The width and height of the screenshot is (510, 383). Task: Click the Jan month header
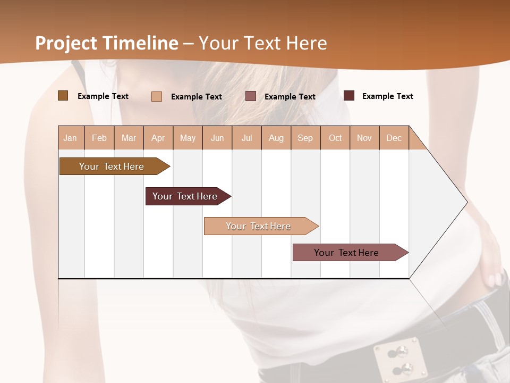tap(71, 138)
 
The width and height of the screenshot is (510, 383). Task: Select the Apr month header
tap(158, 138)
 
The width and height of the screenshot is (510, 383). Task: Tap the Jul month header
tap(246, 138)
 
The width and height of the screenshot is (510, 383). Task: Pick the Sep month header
tap(305, 138)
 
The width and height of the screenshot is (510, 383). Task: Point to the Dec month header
tap(394, 138)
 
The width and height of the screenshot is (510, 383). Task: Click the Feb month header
tap(99, 138)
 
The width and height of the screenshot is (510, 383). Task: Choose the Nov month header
tap(364, 138)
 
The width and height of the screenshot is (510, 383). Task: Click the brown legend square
tap(63, 96)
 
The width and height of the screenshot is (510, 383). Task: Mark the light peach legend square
tap(156, 96)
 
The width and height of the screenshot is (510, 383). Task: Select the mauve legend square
tap(251, 96)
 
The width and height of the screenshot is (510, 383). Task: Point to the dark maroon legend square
tap(349, 96)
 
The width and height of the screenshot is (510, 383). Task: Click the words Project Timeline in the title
tap(106, 43)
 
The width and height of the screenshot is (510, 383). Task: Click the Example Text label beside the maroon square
tap(387, 96)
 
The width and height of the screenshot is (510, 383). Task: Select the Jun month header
tap(217, 138)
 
